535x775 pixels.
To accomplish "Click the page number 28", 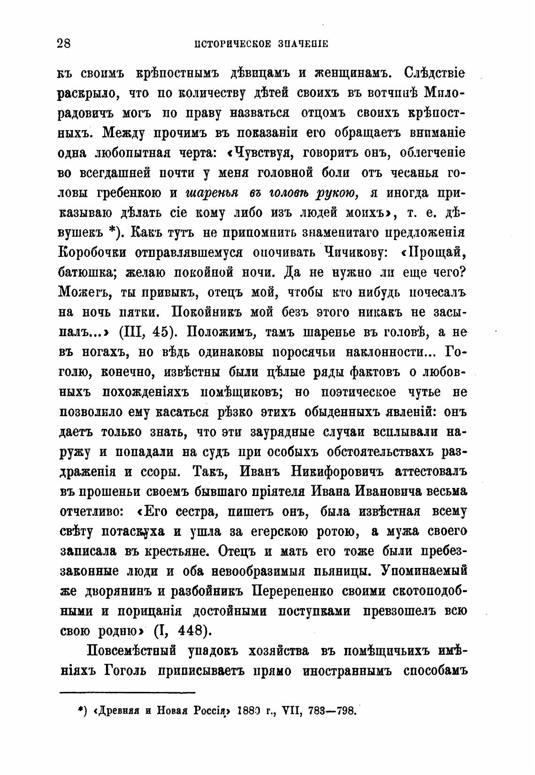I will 63,44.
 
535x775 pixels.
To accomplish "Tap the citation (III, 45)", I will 148,332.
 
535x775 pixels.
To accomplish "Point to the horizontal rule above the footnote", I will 128,691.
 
